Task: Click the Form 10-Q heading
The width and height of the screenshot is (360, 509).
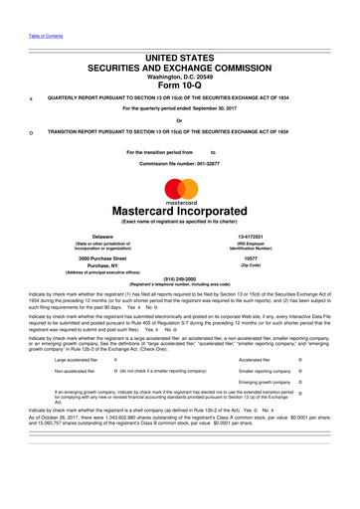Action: (179, 83)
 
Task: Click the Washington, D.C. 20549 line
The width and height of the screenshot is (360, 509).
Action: (180, 72)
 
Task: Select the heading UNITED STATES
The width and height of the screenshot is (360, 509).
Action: (180, 48)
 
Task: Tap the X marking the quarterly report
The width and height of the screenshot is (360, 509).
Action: (32, 98)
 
